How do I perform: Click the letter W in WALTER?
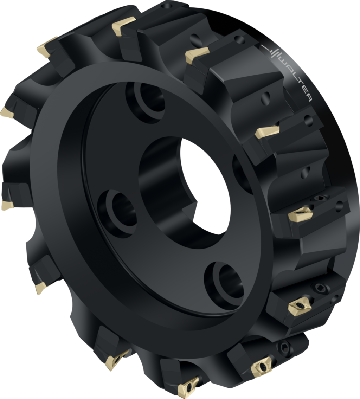click(x=283, y=62)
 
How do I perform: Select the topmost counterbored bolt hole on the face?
click(x=145, y=102)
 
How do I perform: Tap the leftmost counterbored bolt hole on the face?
click(x=117, y=211)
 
